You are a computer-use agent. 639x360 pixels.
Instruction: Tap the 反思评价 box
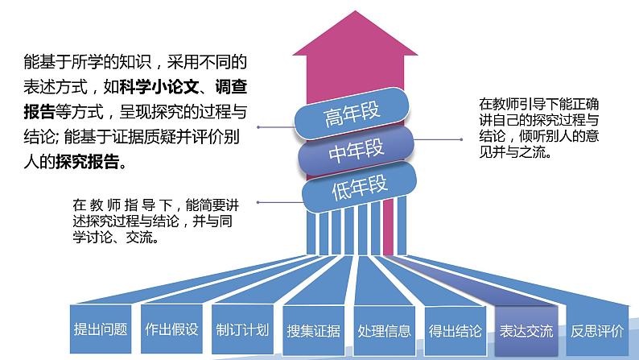pos(596,330)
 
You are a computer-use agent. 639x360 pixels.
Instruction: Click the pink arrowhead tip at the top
pos(361,20)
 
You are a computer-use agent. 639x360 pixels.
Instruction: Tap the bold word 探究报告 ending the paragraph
pos(89,163)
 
